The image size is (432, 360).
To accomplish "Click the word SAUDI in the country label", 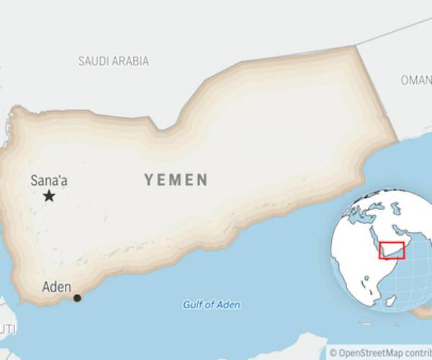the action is click(94, 61).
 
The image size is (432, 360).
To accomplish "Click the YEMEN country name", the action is click(176, 180).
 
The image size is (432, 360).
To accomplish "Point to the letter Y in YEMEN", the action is click(149, 180).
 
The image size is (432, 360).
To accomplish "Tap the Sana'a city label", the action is click(49, 181).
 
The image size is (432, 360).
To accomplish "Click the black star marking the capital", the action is click(49, 196).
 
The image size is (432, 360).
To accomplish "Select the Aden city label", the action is click(57, 287).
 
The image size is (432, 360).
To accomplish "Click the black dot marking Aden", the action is click(77, 297).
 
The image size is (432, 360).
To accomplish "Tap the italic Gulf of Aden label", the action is click(211, 305).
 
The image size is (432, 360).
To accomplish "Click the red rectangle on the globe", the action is click(392, 250).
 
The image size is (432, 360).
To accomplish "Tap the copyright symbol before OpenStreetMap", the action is click(333, 353).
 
